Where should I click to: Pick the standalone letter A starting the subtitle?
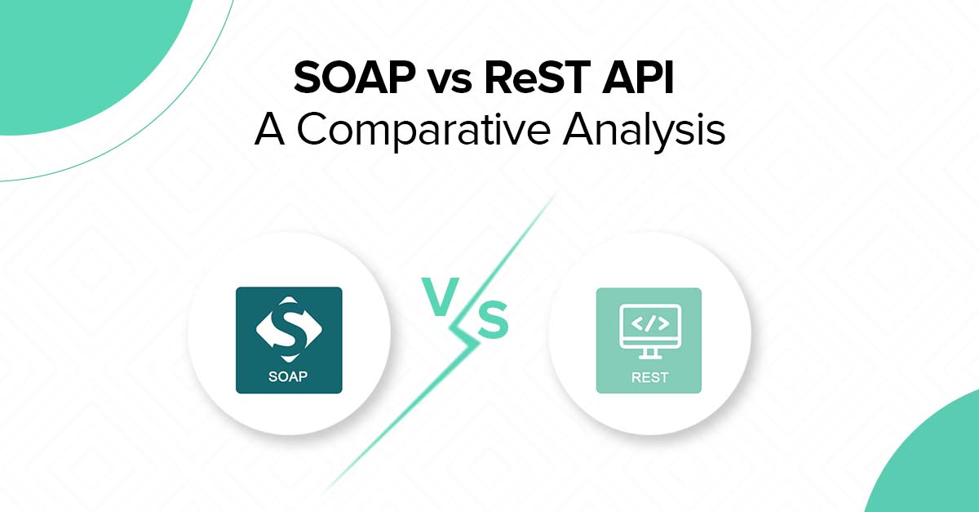[271, 130]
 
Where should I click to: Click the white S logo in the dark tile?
[288, 327]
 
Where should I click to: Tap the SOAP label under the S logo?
[288, 377]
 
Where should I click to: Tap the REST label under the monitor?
[649, 378]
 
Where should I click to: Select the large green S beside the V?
[493, 322]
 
